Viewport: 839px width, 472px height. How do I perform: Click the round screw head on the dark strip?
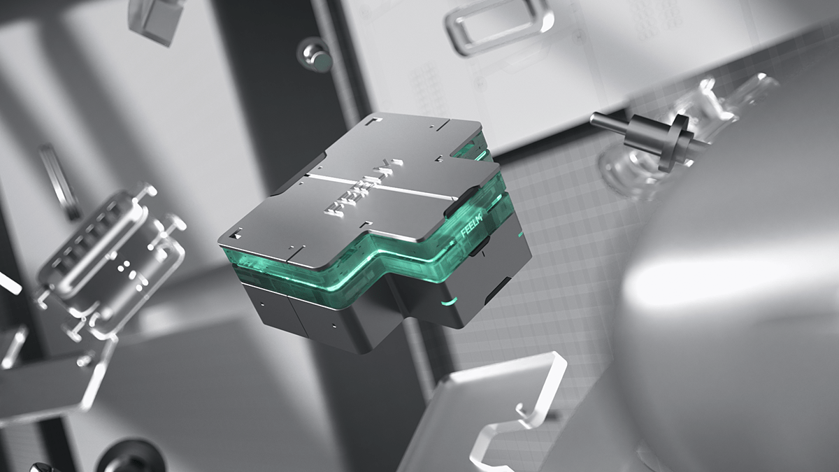point(315,54)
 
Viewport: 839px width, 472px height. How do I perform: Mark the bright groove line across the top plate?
point(378,186)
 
